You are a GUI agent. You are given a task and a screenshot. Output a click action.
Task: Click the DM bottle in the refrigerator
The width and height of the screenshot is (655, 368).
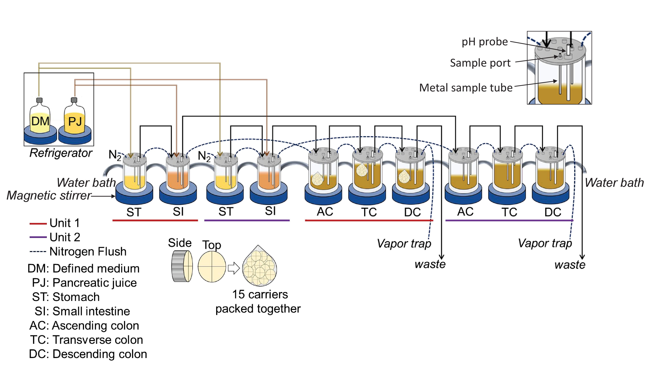[40, 119]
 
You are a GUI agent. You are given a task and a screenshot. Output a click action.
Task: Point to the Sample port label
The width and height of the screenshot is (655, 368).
[480, 63]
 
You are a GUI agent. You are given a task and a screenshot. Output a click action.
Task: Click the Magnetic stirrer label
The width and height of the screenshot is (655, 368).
[49, 196]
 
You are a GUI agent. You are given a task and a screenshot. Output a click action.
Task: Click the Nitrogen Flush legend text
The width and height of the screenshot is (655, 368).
[88, 251]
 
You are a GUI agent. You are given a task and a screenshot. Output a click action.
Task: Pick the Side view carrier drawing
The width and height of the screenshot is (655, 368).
[182, 266]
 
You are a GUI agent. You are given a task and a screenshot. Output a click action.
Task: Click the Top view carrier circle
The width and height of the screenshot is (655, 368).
[212, 267]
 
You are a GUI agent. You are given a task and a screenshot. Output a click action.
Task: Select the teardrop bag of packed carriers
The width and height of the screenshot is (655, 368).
[259, 267]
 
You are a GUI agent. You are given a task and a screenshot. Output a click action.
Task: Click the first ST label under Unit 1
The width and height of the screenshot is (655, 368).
[134, 212]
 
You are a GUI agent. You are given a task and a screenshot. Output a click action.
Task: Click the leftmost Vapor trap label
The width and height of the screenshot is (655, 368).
[404, 244]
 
